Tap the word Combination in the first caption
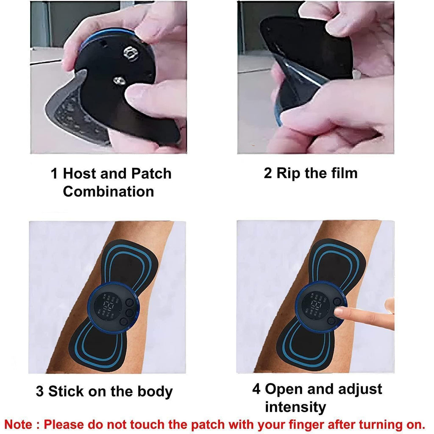pos(108,192)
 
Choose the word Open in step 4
pos(284,389)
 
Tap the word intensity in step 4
pos(295,407)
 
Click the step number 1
pos(54,174)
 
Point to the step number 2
pos(268,173)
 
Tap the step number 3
pos(39,391)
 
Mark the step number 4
pos(256,389)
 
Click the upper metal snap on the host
pos(129,53)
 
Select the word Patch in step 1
pos(151,174)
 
